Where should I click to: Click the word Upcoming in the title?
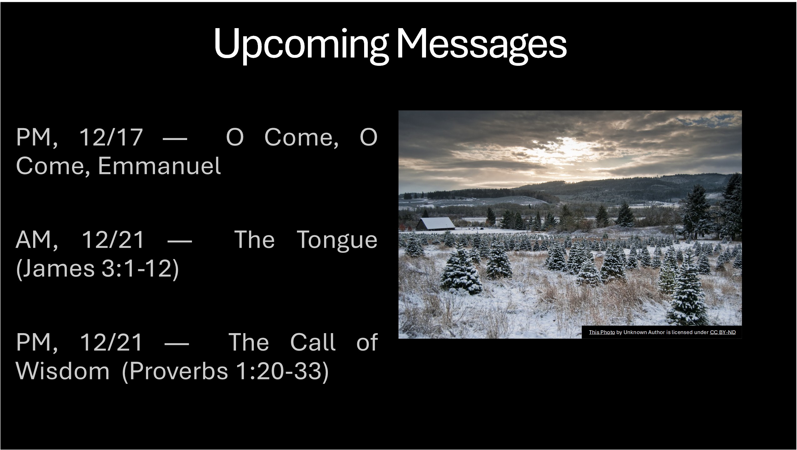301,45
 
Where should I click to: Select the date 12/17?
111,137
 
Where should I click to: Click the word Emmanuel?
159,166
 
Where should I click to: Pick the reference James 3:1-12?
97,269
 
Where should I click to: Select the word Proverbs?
175,372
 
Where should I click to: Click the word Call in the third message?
313,342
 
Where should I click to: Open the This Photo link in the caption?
602,332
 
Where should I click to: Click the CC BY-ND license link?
723,332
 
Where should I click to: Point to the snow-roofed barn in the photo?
436,224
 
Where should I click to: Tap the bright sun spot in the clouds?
572,147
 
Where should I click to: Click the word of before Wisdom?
367,342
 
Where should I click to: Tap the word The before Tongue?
254,240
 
